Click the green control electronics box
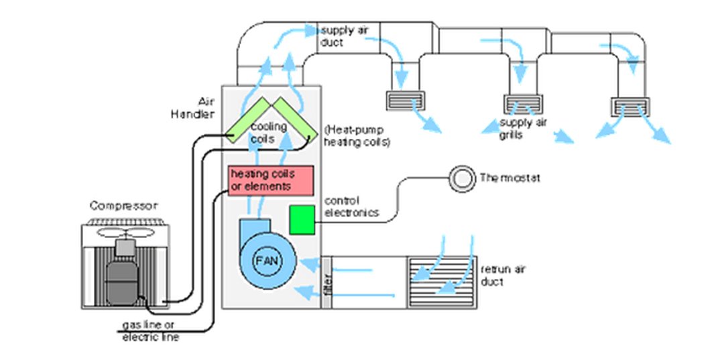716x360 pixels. pyautogui.click(x=302, y=220)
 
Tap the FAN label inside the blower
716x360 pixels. pyautogui.click(x=267, y=261)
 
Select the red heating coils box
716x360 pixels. pyautogui.click(x=271, y=180)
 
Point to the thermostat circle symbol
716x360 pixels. pyautogui.click(x=462, y=179)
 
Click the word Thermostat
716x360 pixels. pyautogui.click(x=510, y=178)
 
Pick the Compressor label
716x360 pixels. pyautogui.click(x=124, y=206)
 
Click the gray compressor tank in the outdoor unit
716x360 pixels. pyautogui.click(x=122, y=279)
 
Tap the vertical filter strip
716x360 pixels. pyautogui.click(x=326, y=282)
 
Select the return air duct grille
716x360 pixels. pyautogui.click(x=442, y=282)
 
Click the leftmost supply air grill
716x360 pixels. pyautogui.click(x=406, y=101)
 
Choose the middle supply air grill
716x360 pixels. pyautogui.click(x=524, y=105)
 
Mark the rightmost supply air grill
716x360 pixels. pyautogui.click(x=631, y=107)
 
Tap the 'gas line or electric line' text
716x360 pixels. pyautogui.click(x=150, y=331)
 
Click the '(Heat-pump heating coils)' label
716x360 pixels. pyautogui.click(x=357, y=136)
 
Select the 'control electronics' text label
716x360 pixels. pyautogui.click(x=351, y=206)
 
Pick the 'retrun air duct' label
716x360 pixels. pyautogui.click(x=503, y=276)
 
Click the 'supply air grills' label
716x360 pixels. pyautogui.click(x=523, y=129)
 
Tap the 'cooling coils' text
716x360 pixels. pyautogui.click(x=268, y=133)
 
